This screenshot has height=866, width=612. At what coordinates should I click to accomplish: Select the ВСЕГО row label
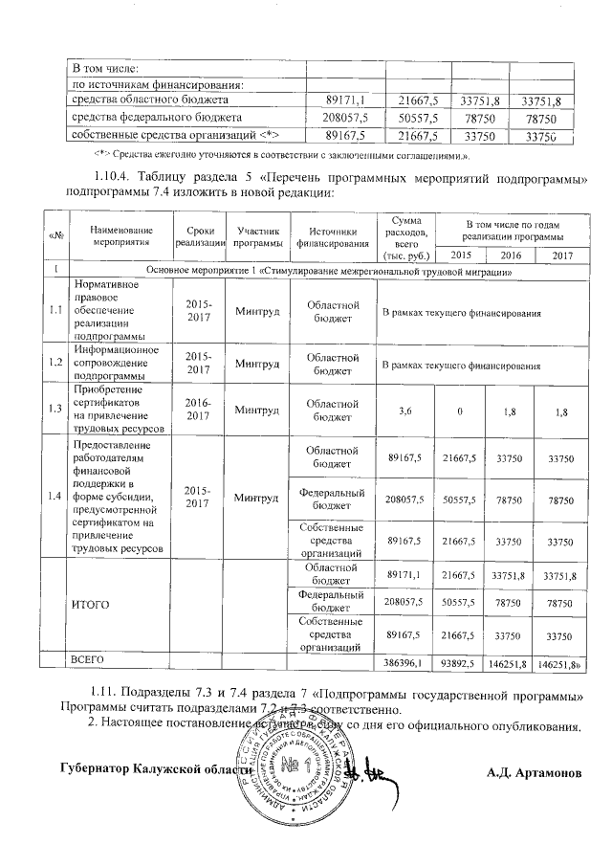pos(88,660)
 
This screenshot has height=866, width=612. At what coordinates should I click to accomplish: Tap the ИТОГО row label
pos(92,605)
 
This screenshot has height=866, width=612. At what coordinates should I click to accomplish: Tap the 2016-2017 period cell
pos(196,410)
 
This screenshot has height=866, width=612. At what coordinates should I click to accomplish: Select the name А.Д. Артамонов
pos(533,770)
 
